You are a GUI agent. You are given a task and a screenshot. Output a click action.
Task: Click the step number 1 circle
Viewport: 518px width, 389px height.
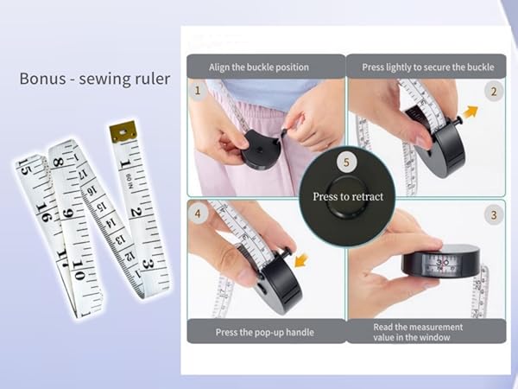pyautogui.click(x=197, y=90)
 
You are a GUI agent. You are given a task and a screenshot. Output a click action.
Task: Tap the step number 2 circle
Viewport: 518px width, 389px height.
pyautogui.click(x=494, y=91)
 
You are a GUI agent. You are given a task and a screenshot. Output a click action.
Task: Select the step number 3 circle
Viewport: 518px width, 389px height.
pyautogui.click(x=494, y=215)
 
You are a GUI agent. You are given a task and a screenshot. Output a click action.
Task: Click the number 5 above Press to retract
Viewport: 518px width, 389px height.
pyautogui.click(x=347, y=162)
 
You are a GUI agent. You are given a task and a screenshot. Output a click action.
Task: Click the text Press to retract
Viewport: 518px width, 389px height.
pyautogui.click(x=347, y=196)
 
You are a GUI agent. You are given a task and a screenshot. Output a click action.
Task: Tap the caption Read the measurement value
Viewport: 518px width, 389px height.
pyautogui.click(x=418, y=332)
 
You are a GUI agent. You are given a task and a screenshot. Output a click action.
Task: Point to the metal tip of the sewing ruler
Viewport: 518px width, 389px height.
pyautogui.click(x=123, y=130)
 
